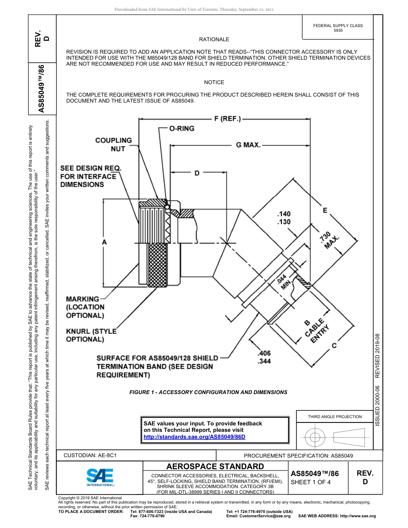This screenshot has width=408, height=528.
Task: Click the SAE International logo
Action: click(x=100, y=477)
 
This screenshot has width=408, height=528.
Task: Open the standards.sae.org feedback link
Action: click(x=194, y=437)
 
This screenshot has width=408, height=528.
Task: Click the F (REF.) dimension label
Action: click(x=227, y=118)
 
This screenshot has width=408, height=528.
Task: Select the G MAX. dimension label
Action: click(x=248, y=145)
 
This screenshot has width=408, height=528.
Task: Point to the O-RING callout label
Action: click(x=182, y=128)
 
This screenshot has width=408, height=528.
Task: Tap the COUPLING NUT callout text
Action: click(x=113, y=144)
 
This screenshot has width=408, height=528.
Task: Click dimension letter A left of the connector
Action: click(x=104, y=242)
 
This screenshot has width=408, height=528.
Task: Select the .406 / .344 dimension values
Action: click(x=264, y=358)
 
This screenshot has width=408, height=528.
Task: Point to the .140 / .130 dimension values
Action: click(x=284, y=218)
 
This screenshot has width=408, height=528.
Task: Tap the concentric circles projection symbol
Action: click(x=315, y=437)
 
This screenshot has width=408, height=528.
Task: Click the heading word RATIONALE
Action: click(x=214, y=39)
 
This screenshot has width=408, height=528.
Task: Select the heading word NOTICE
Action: click(x=214, y=82)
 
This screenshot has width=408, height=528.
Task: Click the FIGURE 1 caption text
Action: click(x=208, y=392)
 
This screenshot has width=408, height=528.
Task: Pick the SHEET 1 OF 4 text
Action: click(x=311, y=482)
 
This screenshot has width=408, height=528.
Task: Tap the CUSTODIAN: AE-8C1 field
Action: click(x=90, y=455)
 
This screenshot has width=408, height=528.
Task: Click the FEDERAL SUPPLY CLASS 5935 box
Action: click(x=338, y=28)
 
